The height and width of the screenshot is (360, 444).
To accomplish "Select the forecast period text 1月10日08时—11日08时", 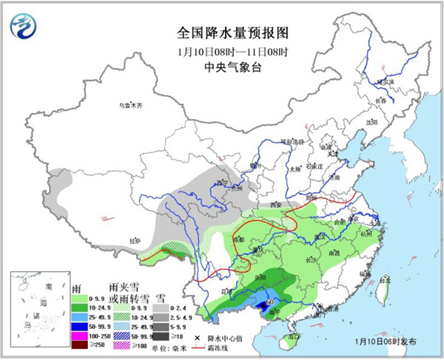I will point(222,52).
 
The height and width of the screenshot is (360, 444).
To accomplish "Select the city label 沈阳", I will point(371,121).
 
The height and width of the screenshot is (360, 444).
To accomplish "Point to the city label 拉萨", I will point(134,240).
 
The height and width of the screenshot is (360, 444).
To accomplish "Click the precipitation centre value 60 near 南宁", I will point(271,302).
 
